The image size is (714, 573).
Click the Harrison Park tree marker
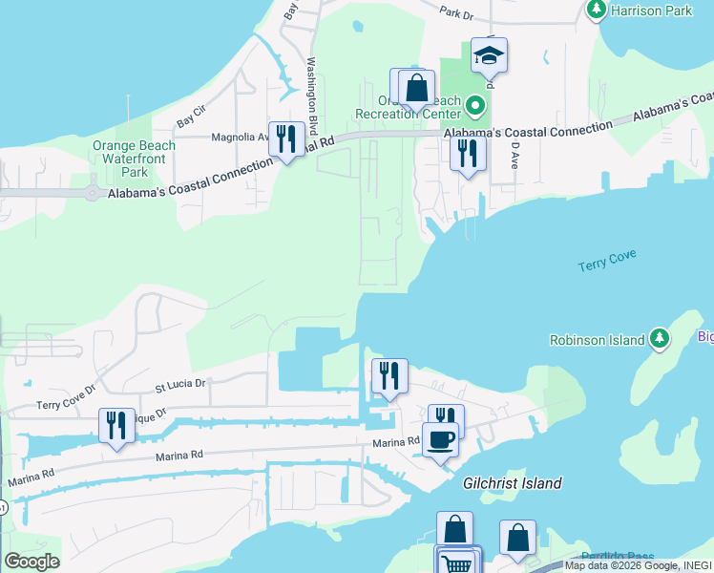597,10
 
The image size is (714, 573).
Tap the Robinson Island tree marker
659,338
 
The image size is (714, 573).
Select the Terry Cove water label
607,261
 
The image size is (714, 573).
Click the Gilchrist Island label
513,483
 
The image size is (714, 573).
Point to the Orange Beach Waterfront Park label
135,159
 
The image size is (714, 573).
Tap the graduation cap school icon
489,55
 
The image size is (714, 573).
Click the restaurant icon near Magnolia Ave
286,139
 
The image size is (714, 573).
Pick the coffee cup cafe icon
440,439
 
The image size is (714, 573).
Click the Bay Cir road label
191,121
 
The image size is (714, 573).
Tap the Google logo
31,562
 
